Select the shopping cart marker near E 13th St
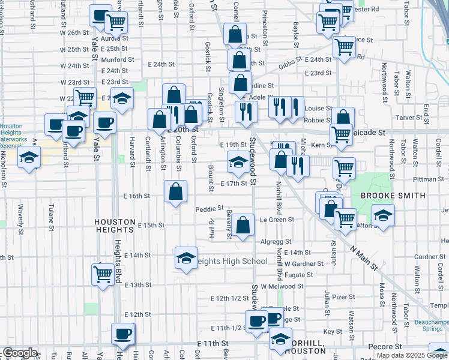[103, 274]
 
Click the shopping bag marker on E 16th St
[175, 193]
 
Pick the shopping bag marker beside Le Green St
[243, 226]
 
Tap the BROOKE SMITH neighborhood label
[393, 196]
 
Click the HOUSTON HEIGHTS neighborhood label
[113, 225]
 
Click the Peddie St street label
[209, 209]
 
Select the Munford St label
[118, 60]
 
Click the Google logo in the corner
[19, 353]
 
